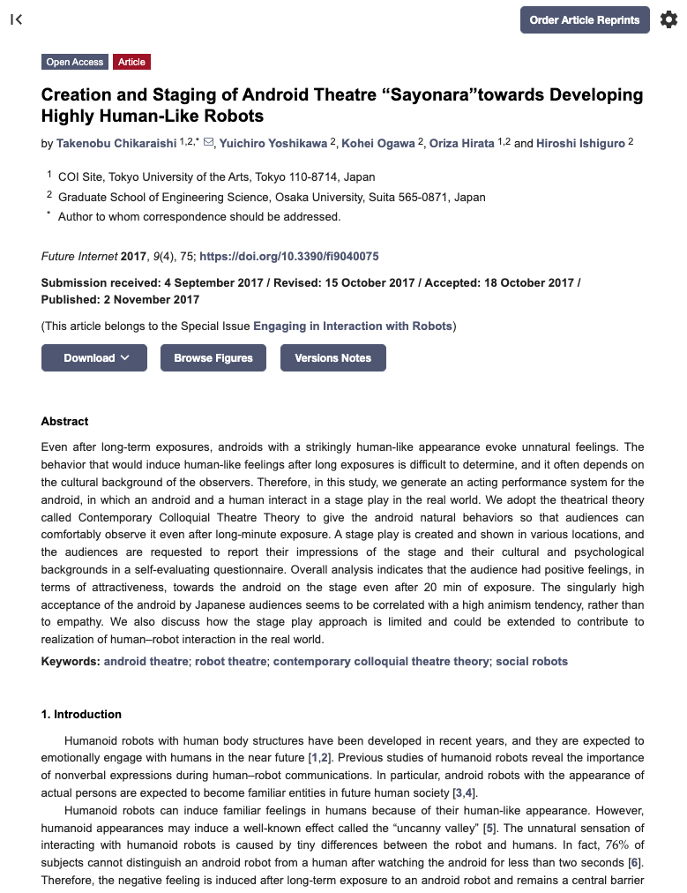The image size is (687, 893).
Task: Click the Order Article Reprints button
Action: [x=585, y=19]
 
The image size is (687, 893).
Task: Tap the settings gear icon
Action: [x=668, y=19]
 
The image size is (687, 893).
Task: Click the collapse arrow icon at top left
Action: [x=16, y=19]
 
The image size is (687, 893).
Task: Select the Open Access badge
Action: [x=75, y=62]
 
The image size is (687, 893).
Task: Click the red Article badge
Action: [x=132, y=62]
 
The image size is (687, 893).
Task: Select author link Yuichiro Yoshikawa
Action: [x=273, y=143]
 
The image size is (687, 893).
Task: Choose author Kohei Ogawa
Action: [x=378, y=143]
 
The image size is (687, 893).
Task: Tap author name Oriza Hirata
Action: [x=461, y=143]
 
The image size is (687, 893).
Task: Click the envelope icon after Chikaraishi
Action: [x=208, y=142]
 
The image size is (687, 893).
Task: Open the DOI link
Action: [x=289, y=257]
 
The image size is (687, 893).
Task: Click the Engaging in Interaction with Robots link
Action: [x=353, y=326]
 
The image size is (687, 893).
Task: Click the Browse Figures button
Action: [x=213, y=358]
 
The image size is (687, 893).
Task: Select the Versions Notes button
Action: [x=332, y=358]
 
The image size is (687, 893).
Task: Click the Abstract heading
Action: [x=65, y=422]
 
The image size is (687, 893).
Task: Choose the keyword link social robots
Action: [x=532, y=662]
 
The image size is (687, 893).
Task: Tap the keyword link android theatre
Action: [x=146, y=662]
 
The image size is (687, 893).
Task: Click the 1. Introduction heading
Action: [x=81, y=715]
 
